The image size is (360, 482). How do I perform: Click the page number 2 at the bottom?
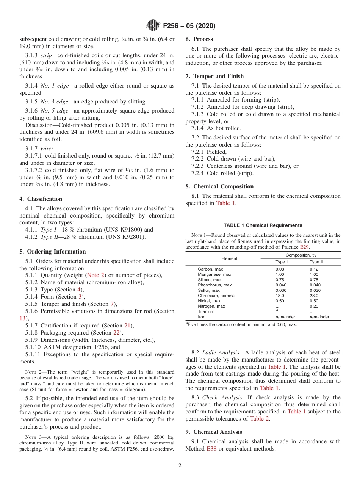pos(180,465)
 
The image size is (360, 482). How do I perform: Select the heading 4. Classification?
pos(41,199)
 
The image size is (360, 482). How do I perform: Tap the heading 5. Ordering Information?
pos(53,252)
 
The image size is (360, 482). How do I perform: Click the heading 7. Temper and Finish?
pos(214,76)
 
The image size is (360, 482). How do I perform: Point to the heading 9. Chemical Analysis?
pos(214,432)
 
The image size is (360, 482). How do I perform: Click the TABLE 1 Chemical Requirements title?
pos(263,225)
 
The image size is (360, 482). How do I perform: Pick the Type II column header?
pos(316,262)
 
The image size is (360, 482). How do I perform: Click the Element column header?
pos(229,258)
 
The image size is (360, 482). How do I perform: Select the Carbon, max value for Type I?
pos(280,269)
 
